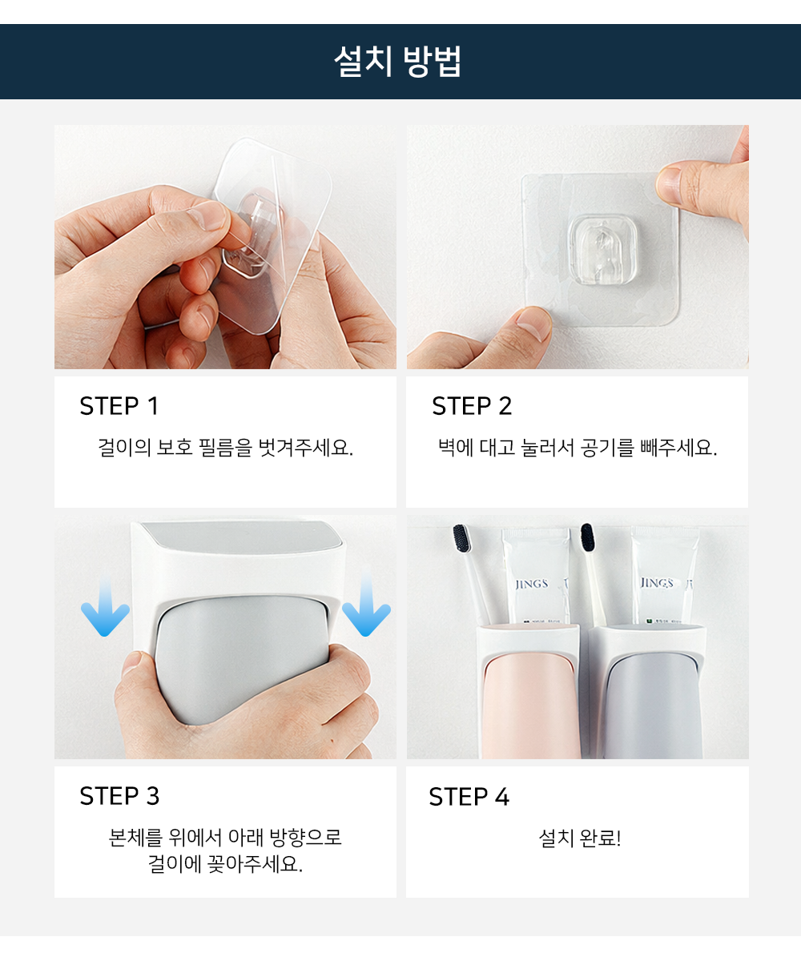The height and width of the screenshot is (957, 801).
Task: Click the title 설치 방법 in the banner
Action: click(x=397, y=62)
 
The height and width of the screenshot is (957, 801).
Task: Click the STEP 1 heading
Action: click(x=119, y=406)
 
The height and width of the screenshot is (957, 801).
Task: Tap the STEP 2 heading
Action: click(x=472, y=406)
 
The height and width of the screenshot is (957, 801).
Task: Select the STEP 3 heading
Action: click(x=119, y=796)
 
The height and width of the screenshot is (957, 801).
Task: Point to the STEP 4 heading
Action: click(x=469, y=797)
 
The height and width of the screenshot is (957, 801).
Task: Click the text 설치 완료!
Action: click(x=580, y=838)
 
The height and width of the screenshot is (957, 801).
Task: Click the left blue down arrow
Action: click(x=105, y=607)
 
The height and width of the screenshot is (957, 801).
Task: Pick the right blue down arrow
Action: click(x=366, y=605)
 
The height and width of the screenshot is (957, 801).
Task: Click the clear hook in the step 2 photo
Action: click(x=602, y=250)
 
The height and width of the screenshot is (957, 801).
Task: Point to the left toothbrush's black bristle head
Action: click(x=461, y=539)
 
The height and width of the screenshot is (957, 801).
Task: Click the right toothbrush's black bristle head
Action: click(x=587, y=537)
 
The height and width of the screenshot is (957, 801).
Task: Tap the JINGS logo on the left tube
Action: click(x=532, y=584)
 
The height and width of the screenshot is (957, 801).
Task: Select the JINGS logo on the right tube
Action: click(x=657, y=583)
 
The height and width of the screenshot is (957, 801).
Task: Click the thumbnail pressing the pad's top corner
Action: click(x=669, y=184)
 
